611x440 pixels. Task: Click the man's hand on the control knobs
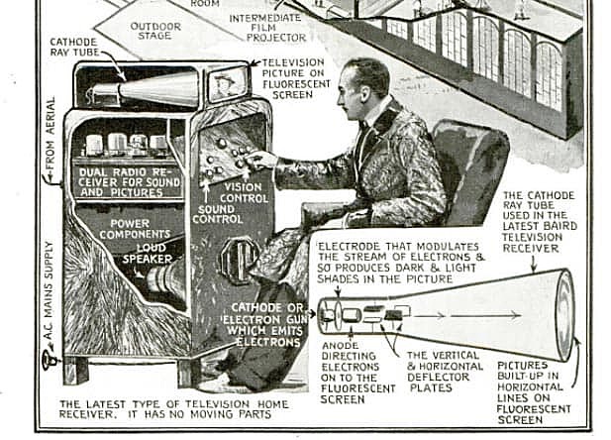pyautogui.click(x=260, y=158)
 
